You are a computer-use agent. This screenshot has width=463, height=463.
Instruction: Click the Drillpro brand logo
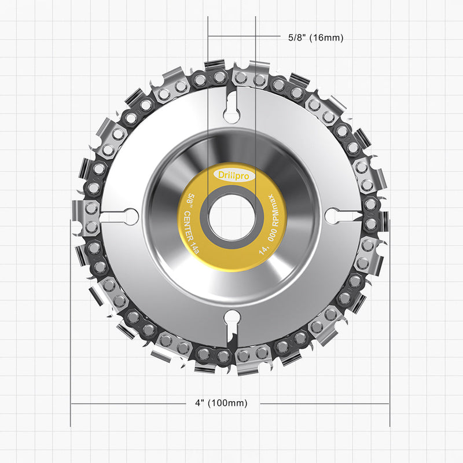(x=233, y=176)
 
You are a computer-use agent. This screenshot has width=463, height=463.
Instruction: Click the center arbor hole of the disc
(x=232, y=218)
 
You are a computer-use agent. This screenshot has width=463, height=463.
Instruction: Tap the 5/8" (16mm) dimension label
(x=315, y=38)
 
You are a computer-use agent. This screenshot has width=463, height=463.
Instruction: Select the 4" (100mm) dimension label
(x=221, y=403)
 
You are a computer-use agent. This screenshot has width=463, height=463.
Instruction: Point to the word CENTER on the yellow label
(x=189, y=226)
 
